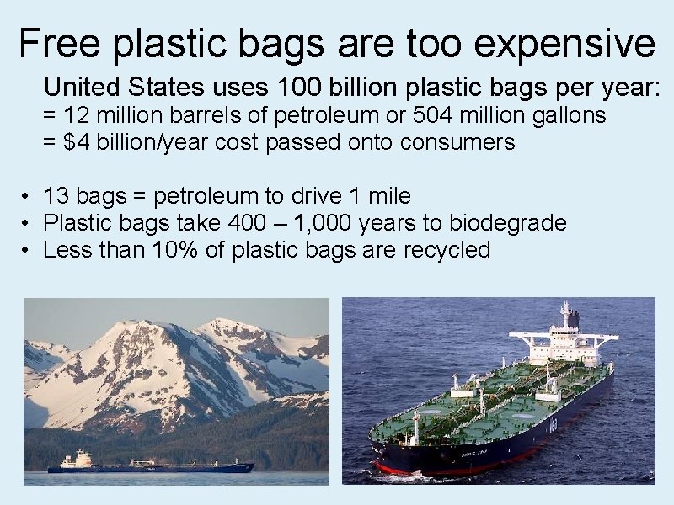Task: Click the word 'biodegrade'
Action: coord(507,224)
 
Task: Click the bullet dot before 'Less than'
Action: coord(28,251)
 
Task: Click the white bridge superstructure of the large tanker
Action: coord(566,337)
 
